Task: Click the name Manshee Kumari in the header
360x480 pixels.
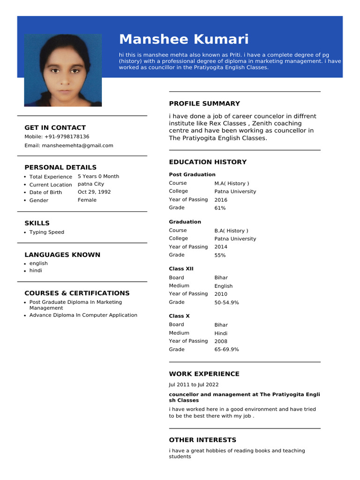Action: coord(184,39)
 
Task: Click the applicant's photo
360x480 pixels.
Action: coord(63,70)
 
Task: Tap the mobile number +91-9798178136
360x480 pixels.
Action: coord(67,137)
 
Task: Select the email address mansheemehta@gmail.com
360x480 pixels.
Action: coord(77,146)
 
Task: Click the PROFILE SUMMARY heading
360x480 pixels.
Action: coord(204,104)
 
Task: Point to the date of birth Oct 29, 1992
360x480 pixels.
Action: coord(94,192)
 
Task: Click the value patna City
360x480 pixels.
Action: coord(91,184)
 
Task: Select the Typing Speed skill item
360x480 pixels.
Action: coord(47,232)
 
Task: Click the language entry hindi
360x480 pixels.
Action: coord(36,271)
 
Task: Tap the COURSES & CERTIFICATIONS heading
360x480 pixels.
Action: coord(77,293)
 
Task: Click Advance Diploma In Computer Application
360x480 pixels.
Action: coord(83,315)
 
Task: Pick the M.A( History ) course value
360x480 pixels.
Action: coord(232,184)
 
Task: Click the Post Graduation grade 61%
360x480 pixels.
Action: coord(220,208)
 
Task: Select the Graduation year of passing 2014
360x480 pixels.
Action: coord(221,247)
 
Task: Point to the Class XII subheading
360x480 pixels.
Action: coord(181,269)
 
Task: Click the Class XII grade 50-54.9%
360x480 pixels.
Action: coord(226,303)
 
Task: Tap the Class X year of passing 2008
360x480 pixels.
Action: coord(221,342)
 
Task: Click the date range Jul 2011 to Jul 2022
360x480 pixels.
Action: coord(194,385)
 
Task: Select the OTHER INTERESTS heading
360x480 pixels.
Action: coord(202,440)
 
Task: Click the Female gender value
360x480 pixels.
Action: coord(87,200)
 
